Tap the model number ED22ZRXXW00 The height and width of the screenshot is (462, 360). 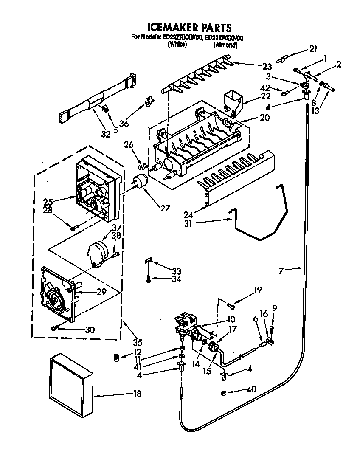[x=183, y=38]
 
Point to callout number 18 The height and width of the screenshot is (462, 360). [x=137, y=394]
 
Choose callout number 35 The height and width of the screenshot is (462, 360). [x=137, y=342]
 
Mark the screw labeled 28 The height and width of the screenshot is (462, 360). [x=74, y=228]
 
